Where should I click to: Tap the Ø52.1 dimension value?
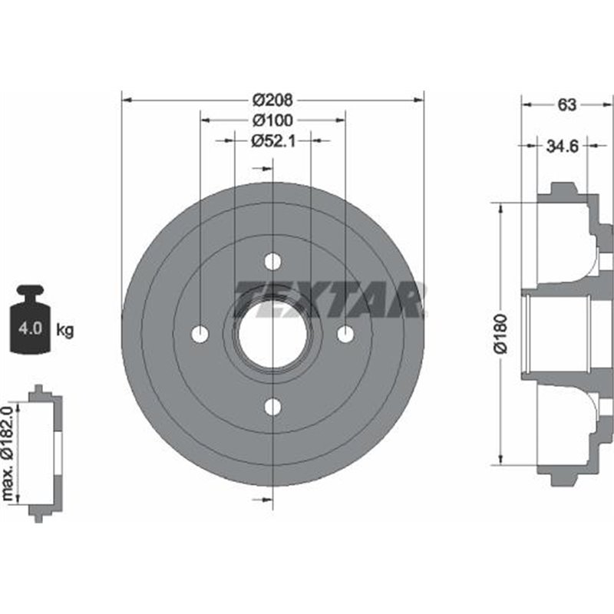(x=272, y=140)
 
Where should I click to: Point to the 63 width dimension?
(x=566, y=106)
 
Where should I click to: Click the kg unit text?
(x=65, y=331)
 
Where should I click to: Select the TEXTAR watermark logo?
(x=330, y=299)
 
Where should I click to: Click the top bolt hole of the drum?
(x=272, y=262)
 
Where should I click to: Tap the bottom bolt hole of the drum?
(x=272, y=407)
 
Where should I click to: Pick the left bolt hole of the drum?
(x=200, y=335)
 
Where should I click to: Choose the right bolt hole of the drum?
(x=345, y=335)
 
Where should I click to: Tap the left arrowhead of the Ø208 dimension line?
(x=127, y=100)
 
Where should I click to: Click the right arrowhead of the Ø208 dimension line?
(x=418, y=100)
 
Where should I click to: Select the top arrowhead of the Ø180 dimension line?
(x=501, y=208)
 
